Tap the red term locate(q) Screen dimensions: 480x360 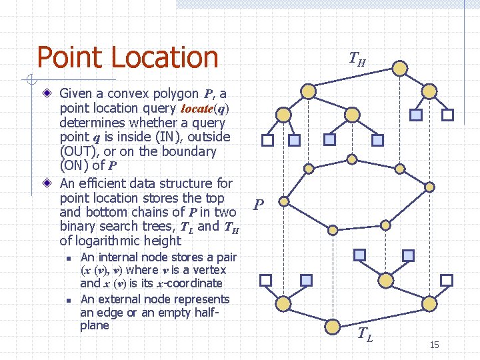(x=205, y=109)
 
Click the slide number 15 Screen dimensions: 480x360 (x=434, y=345)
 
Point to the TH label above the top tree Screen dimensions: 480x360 (x=357, y=61)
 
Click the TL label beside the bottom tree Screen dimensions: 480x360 (x=365, y=335)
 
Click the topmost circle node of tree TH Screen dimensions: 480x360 (x=399, y=68)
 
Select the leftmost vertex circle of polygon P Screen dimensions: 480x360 (x=284, y=201)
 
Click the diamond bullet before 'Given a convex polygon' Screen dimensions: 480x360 (x=49, y=94)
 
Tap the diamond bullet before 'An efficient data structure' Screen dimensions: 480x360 (x=49, y=183)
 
